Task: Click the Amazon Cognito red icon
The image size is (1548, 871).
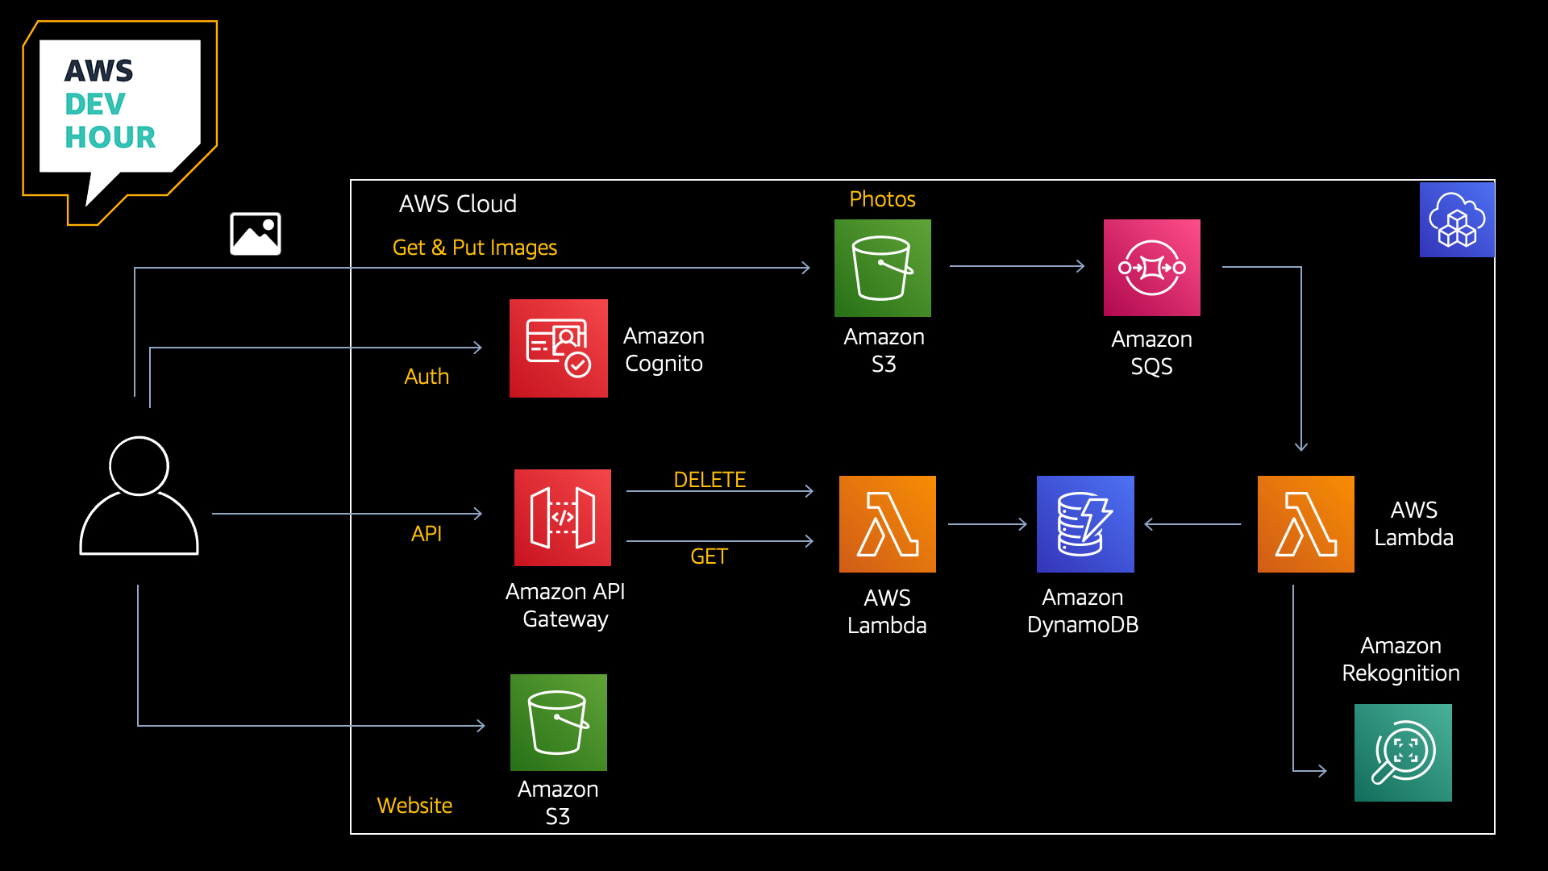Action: point(558,348)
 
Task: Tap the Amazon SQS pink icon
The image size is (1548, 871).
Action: point(1151,268)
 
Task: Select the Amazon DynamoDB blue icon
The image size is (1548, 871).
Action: point(1085,524)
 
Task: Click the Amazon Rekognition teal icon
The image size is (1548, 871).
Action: point(1403,752)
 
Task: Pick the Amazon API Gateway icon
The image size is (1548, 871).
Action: point(563,518)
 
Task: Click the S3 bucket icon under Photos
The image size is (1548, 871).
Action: point(882,268)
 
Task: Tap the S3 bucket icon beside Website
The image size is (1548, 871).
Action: point(558,723)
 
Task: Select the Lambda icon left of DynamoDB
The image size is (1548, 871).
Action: point(887,524)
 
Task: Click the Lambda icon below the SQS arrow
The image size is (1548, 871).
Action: point(1305,524)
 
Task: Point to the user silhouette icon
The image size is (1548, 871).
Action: point(139,496)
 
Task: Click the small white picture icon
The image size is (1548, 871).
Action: point(255,234)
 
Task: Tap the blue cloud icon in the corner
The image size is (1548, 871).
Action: point(1456,219)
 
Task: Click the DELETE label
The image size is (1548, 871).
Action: point(709,480)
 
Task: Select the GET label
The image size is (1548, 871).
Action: point(709,556)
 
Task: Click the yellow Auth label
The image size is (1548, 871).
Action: point(427,377)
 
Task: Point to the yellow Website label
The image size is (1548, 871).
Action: point(414,806)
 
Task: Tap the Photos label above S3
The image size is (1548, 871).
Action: point(882,199)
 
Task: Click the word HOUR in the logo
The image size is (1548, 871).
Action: point(110,138)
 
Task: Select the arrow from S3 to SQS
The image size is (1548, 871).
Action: point(1017,266)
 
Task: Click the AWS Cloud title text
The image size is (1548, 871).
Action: point(457,204)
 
